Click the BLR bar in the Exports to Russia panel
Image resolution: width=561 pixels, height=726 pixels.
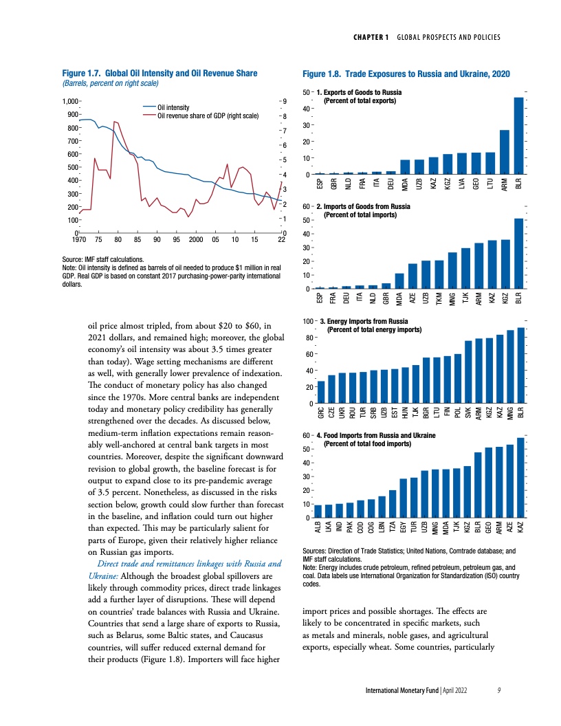pyautogui.click(x=519, y=135)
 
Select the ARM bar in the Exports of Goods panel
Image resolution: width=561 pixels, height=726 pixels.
pyautogui.click(x=504, y=152)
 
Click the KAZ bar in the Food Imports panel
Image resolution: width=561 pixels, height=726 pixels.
pyautogui.click(x=520, y=478)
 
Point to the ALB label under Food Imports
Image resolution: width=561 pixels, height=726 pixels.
pyautogui.click(x=318, y=528)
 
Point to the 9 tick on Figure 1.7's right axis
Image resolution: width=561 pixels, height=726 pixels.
pyautogui.click(x=284, y=102)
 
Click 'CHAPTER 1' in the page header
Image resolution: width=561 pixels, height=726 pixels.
pyautogui.click(x=373, y=36)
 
